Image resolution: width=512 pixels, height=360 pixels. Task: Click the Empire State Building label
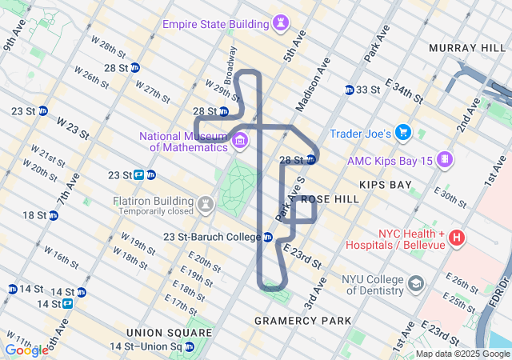tap(214, 24)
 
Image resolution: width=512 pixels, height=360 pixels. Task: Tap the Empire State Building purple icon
tap(280, 24)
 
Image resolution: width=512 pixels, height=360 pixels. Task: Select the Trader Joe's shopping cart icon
tap(404, 133)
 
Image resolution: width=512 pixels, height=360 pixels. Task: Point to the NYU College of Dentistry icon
tap(417, 284)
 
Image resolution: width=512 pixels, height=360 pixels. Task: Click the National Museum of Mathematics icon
tap(240, 142)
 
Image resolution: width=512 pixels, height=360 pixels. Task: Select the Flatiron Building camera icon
tap(206, 205)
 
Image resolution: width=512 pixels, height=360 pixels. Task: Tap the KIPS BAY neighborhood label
tap(386, 185)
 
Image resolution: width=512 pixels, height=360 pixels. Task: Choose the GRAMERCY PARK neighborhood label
tap(302, 321)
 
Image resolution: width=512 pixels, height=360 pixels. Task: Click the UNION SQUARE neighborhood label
tap(156, 332)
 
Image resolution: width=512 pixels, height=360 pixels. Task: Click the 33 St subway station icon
tap(350, 90)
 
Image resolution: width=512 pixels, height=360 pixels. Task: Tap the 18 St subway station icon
tap(53, 215)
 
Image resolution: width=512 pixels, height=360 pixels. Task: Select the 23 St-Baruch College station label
tap(211, 237)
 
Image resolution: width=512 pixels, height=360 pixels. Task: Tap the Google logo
tap(26, 350)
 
